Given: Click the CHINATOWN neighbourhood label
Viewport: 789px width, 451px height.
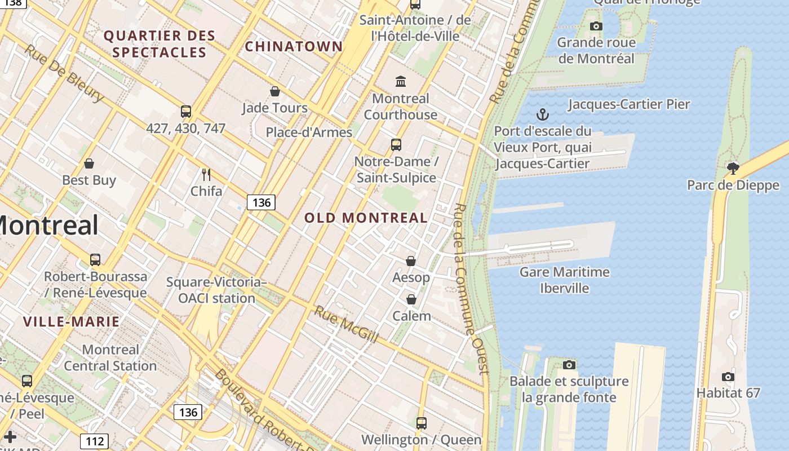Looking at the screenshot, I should point(294,46).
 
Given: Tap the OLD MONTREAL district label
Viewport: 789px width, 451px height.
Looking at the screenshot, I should point(366,218).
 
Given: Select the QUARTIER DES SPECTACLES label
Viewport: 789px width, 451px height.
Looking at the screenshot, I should point(159,44).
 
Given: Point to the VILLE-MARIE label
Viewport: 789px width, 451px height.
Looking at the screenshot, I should point(71,322).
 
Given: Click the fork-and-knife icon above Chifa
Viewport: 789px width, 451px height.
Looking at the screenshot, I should point(206,174).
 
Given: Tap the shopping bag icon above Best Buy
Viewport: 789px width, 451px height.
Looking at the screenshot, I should point(89,163).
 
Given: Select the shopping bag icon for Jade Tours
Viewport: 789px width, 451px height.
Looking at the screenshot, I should point(275,91).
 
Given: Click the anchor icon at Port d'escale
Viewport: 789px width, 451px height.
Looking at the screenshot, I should point(542,114).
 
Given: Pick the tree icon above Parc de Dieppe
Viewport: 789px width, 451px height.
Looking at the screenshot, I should point(733,167).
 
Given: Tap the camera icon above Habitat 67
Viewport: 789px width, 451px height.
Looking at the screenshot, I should point(728,376).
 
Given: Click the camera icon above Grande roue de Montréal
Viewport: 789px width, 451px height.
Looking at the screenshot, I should point(596,26).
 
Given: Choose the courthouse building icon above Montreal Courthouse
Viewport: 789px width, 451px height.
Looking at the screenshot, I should point(401,82).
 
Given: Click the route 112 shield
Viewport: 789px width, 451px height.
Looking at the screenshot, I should point(94,441).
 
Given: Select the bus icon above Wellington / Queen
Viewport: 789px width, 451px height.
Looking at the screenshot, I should point(421,423).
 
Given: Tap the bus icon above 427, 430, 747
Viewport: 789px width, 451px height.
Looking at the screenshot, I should point(186,111).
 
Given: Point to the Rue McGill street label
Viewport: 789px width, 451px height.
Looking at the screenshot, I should point(345,325).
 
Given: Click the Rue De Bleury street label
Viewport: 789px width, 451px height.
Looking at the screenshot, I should point(64,73).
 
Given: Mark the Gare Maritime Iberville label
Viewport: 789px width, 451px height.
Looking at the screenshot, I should point(564,280).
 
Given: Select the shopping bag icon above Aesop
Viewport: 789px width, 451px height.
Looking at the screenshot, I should point(411,261).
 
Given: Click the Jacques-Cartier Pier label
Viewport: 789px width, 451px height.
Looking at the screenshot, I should point(629,104).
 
